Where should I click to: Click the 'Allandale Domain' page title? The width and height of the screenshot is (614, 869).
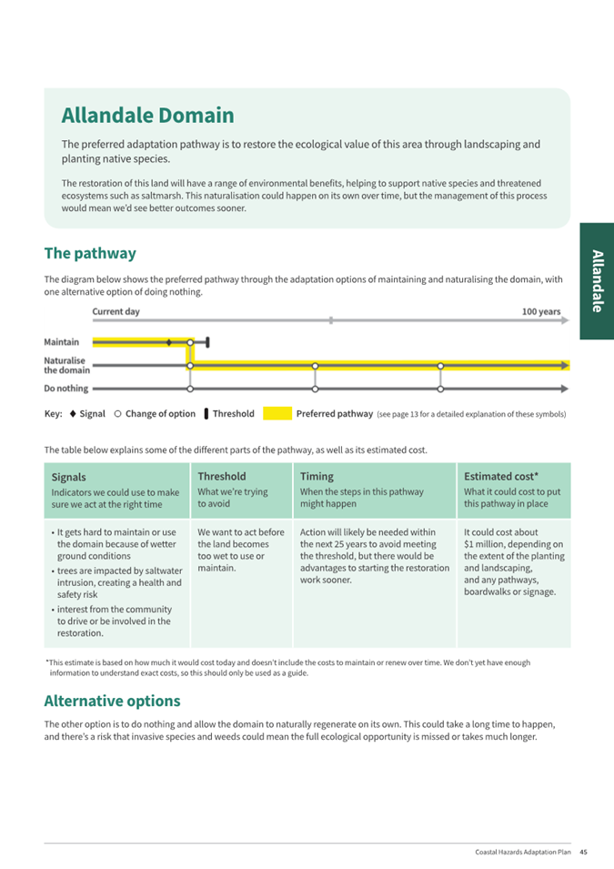pos(147,116)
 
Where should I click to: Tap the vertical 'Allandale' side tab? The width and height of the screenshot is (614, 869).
pos(596,280)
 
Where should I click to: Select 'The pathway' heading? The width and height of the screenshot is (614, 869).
pos(90,253)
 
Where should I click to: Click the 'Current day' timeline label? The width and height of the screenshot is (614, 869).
pos(116,311)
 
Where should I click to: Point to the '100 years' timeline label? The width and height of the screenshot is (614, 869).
pos(540,311)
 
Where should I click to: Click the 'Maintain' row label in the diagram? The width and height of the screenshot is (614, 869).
pos(61,342)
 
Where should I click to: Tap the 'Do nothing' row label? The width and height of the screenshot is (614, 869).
pos(66,389)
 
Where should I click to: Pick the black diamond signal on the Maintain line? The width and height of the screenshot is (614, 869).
pos(169,342)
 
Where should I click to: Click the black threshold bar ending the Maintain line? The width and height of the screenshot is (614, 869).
pos(208,342)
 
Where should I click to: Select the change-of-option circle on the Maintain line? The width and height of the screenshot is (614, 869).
pos(189,343)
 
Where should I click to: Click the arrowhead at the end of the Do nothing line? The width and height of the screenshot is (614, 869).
pos(565,389)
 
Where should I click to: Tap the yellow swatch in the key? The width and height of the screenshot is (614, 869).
pos(277,414)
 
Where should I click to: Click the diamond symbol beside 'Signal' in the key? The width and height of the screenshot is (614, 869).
pos(72,414)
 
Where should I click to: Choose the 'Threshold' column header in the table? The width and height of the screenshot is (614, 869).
pos(222,476)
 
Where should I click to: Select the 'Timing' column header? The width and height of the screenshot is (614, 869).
pos(317,476)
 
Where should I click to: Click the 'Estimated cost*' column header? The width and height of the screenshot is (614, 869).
pos(501,476)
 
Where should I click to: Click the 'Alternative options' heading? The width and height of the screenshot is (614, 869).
pos(112,701)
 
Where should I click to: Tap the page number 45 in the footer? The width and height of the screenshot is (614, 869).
pos(583,852)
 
